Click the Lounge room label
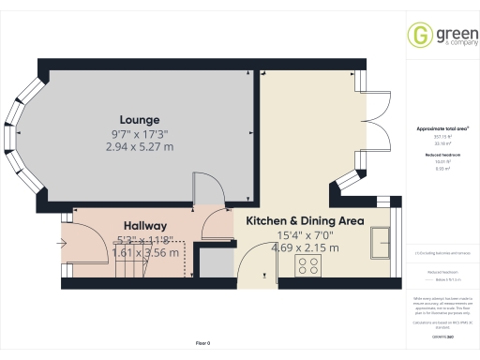coord(139,120)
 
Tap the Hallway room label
coord(143,226)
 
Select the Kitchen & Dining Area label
coord(305,221)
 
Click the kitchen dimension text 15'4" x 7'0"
coord(305,235)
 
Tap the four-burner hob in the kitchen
coord(308,264)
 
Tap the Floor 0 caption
coord(202,344)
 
